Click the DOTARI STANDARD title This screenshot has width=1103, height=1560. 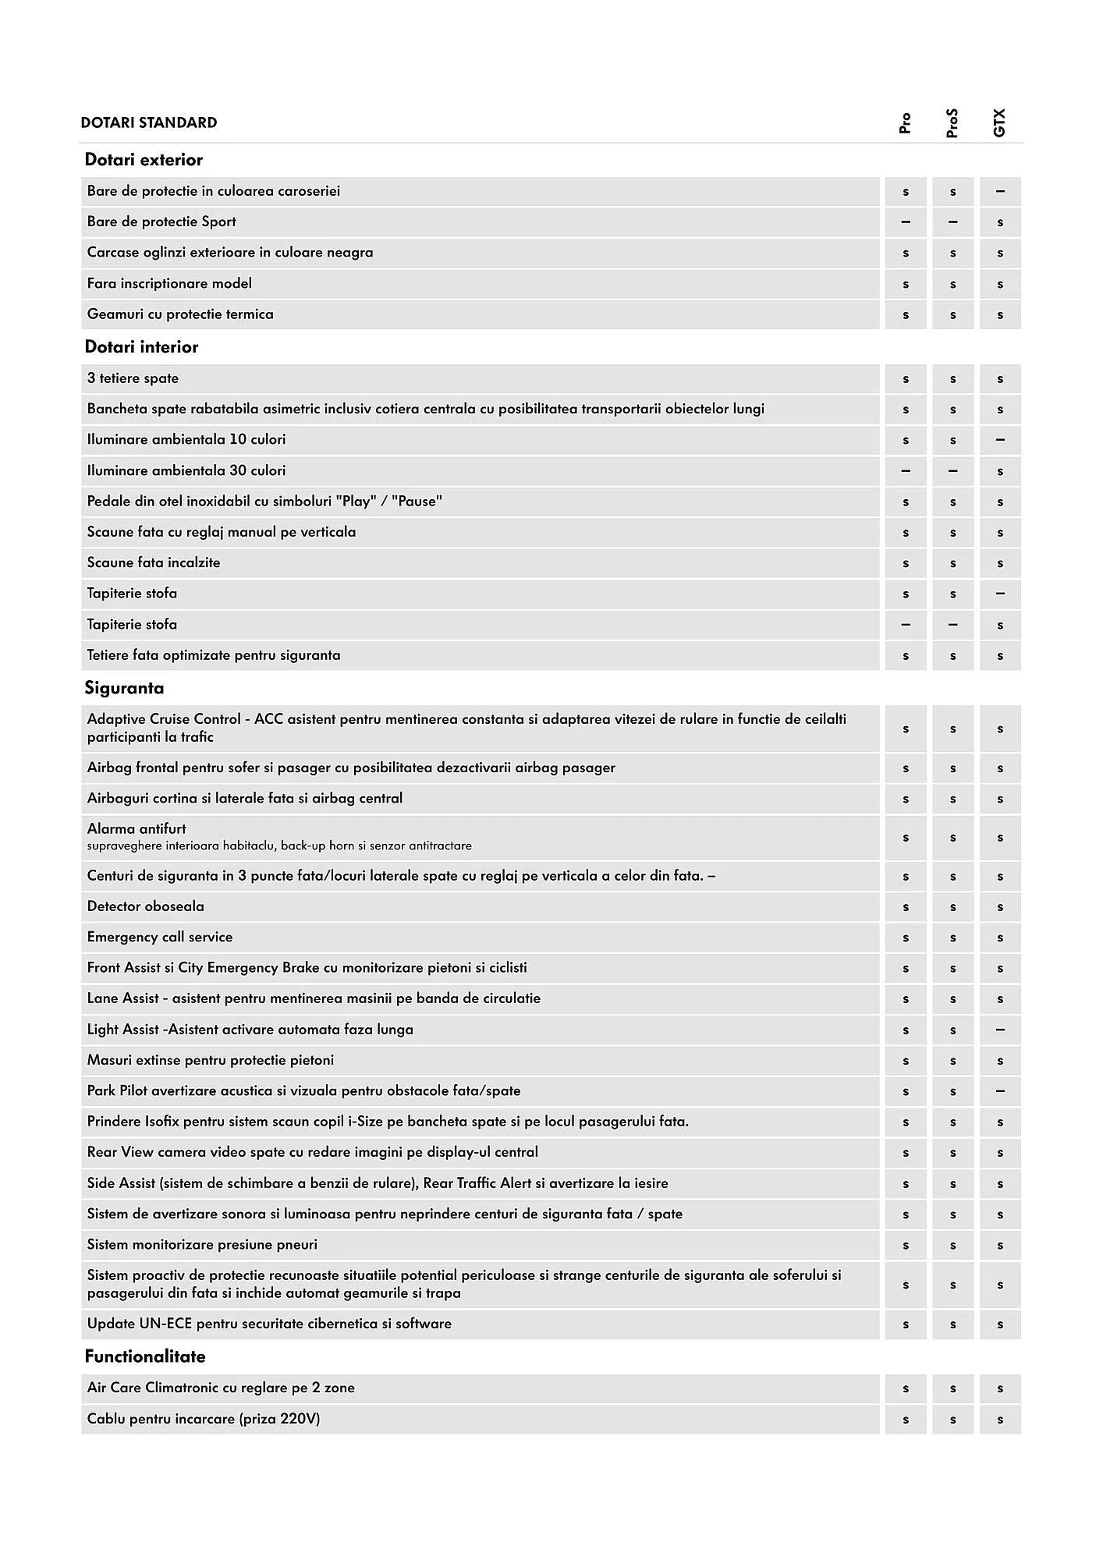tap(148, 122)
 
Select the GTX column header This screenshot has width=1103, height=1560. tap(999, 122)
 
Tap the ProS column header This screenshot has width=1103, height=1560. tap(952, 123)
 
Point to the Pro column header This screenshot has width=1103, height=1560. tap(905, 123)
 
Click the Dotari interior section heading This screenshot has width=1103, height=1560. tap(141, 347)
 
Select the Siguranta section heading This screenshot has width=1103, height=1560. tap(124, 688)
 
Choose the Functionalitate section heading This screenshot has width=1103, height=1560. tap(145, 1356)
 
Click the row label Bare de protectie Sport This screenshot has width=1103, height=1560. tap(161, 222)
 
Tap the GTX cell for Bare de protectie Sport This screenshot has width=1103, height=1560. tap(1000, 222)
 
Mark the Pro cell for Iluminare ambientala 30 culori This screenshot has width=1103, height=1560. tap(906, 471)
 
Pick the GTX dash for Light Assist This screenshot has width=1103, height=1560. tap(1000, 1030)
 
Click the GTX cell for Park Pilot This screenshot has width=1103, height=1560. tap(1000, 1091)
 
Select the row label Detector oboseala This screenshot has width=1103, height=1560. tap(146, 906)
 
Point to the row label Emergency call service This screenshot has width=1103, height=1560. tap(160, 937)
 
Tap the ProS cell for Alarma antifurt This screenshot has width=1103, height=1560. tap(952, 838)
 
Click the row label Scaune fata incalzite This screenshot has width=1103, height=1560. tap(154, 562)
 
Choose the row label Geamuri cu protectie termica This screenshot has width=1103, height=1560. tap(180, 314)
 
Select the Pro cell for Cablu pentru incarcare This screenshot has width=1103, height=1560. tap(906, 1420)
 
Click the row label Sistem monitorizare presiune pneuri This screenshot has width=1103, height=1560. tap(202, 1244)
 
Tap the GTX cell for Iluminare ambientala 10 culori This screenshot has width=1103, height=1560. tap(1000, 440)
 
